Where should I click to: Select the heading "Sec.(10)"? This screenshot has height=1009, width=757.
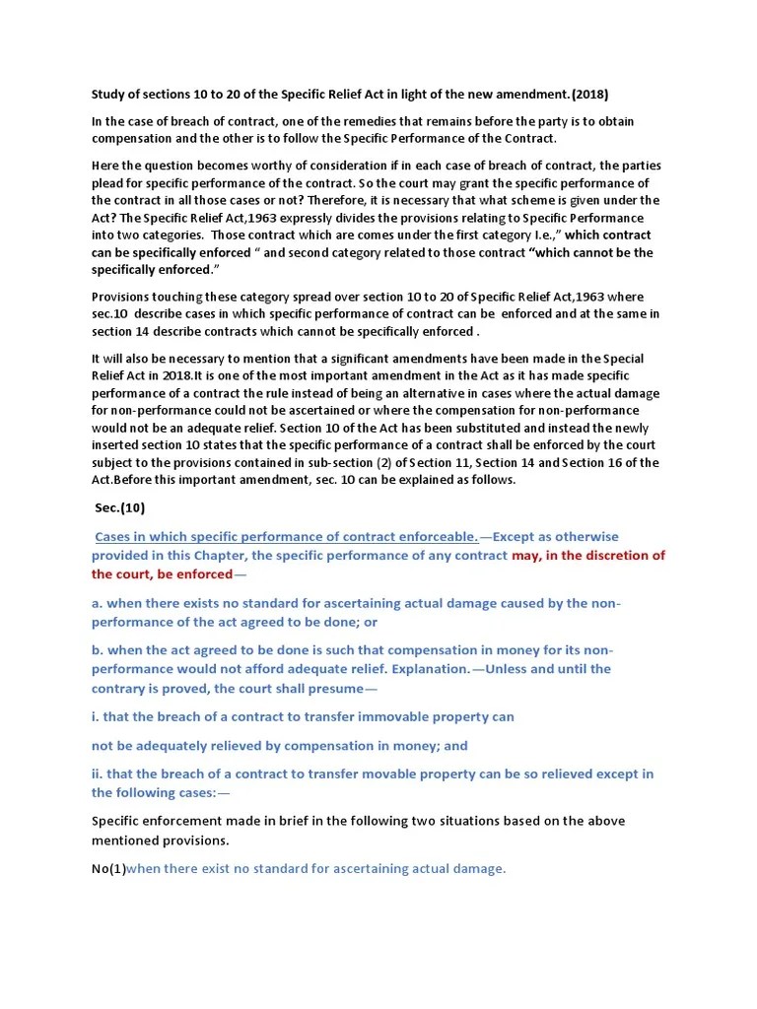[x=119, y=508]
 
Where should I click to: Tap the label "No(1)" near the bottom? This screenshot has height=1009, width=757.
[x=108, y=868]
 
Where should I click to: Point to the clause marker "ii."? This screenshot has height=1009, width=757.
[x=100, y=774]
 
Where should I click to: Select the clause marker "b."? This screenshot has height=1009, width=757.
[x=98, y=650]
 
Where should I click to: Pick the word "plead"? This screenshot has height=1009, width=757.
[x=107, y=182]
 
